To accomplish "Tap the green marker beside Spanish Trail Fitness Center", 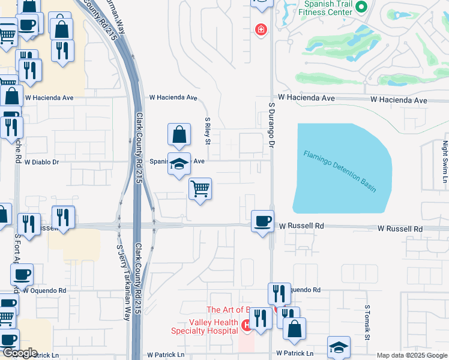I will tap(361, 8).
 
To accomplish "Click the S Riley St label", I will tap(207, 131).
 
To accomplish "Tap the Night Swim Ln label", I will tap(445, 161).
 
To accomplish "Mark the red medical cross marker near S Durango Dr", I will tap(261, 29).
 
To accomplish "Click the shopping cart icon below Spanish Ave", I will tap(200, 189).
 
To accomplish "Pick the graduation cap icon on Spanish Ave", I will tap(178, 163).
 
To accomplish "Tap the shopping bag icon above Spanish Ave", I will tap(179, 136).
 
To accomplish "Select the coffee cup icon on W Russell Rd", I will tap(262, 221).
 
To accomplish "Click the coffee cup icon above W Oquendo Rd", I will tap(22, 275).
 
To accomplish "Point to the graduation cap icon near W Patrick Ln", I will tap(339, 347).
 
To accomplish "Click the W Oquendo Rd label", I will tap(44, 289).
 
